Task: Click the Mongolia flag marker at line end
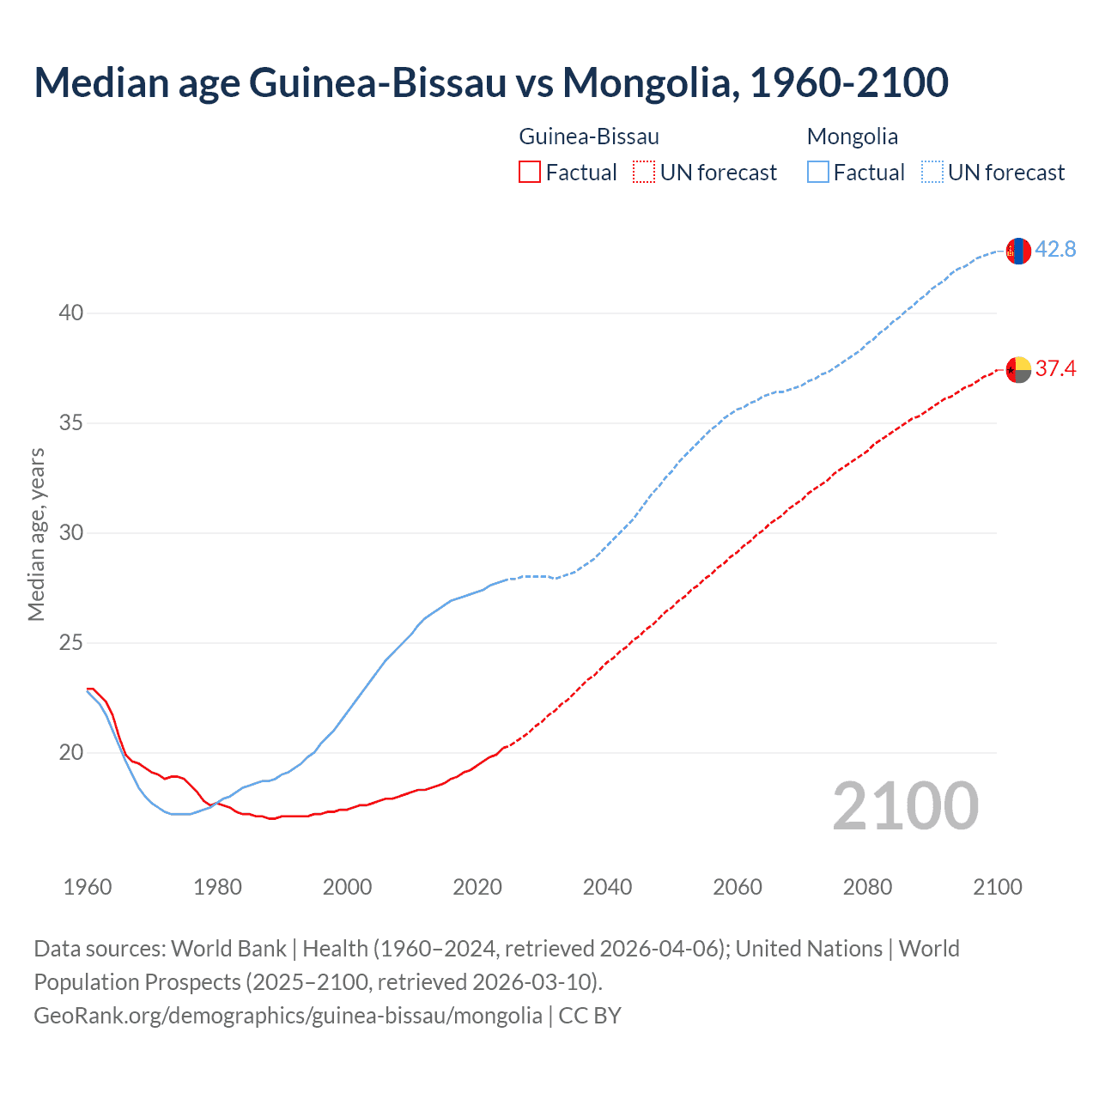1017,251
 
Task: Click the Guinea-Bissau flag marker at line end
1017,369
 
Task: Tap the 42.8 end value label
1055,249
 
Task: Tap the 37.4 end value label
1055,368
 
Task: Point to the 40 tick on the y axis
71,313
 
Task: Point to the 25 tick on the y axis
71,642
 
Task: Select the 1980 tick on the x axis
217,887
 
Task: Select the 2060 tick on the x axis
738,887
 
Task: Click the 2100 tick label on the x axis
997,887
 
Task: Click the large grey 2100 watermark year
905,805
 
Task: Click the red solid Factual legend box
530,172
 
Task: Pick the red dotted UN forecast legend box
644,172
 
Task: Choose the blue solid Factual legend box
818,172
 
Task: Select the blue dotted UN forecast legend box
932,172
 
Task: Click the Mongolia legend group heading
853,137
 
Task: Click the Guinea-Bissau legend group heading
589,137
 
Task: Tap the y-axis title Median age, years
36,534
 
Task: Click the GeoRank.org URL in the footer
288,1015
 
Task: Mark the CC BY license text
590,1015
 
